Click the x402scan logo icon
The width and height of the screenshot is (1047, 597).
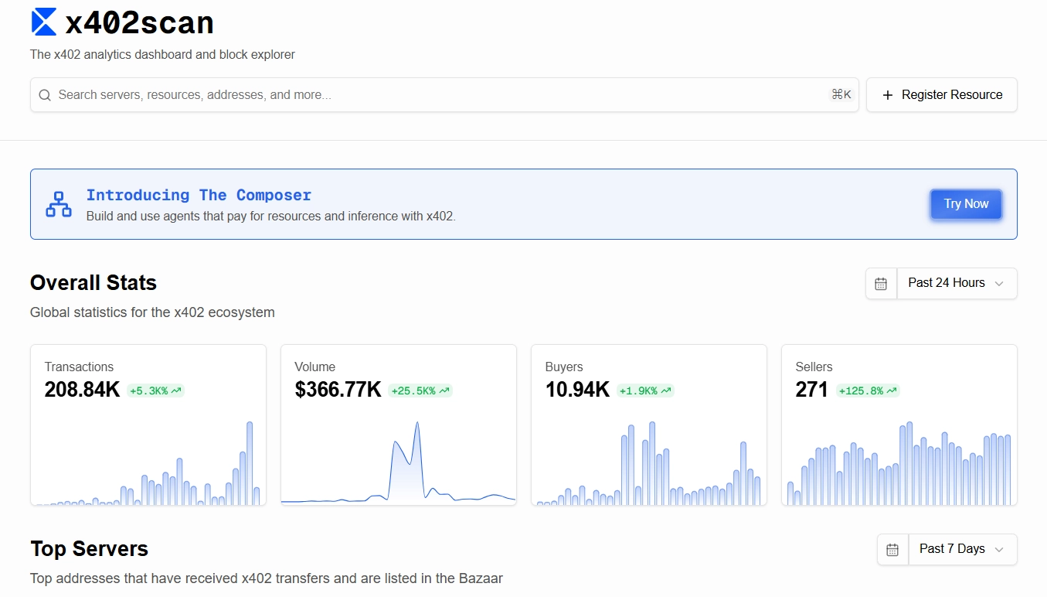(x=44, y=22)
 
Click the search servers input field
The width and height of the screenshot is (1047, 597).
(x=433, y=94)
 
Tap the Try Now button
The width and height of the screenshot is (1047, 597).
(x=966, y=204)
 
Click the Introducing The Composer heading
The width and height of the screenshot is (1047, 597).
(x=199, y=196)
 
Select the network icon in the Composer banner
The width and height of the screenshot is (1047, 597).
(x=59, y=204)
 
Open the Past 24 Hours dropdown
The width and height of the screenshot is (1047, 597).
(x=957, y=283)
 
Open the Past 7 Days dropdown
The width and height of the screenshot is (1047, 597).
(x=962, y=549)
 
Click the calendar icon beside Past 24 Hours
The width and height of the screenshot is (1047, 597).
(x=881, y=284)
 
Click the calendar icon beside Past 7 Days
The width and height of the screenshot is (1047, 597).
(x=892, y=550)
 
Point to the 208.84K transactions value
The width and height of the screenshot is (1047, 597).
(x=82, y=390)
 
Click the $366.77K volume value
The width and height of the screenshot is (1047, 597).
(x=338, y=390)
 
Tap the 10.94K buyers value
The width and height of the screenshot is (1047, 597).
(x=577, y=390)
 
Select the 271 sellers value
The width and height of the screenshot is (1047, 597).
(x=811, y=390)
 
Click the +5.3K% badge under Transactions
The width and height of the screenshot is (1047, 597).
(x=155, y=391)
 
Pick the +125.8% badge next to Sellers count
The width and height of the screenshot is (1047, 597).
(x=869, y=391)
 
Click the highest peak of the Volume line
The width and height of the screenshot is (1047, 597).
(x=417, y=423)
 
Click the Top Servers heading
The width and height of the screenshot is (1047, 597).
(x=89, y=549)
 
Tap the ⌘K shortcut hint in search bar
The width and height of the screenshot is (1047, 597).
(x=841, y=94)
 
